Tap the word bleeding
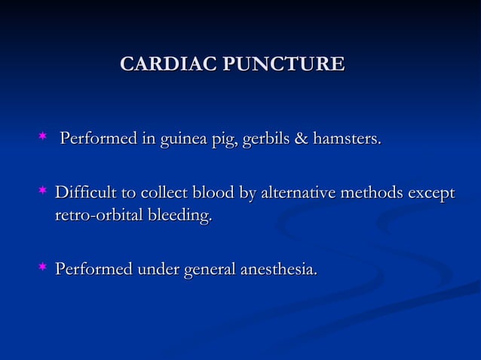pyautogui.click(x=182, y=218)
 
